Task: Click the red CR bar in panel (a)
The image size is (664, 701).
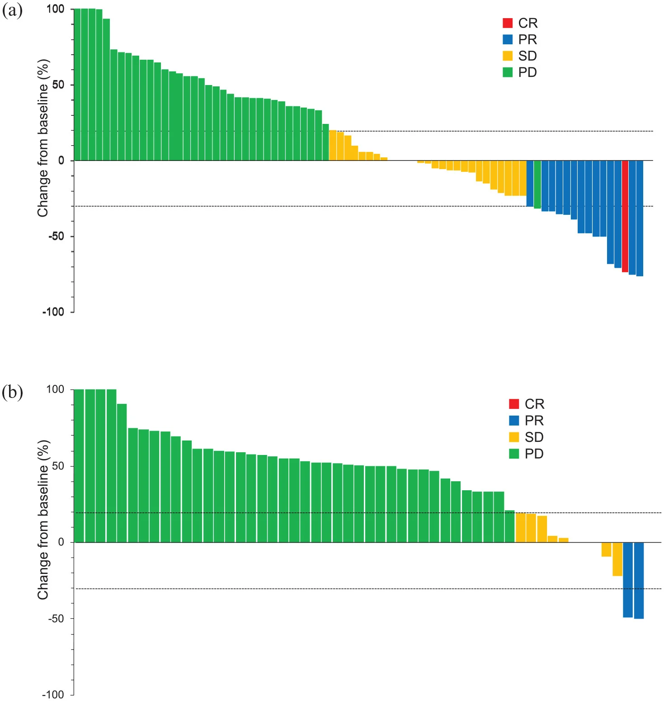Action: (x=625, y=216)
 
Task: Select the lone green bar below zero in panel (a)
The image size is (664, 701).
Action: (x=537, y=184)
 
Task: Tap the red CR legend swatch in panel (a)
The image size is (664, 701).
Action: (x=507, y=23)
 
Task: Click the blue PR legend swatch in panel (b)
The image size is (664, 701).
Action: (x=514, y=421)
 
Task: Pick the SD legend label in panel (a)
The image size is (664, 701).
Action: (x=527, y=56)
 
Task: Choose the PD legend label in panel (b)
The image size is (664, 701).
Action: (x=534, y=454)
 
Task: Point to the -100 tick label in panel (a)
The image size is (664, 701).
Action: (x=53, y=312)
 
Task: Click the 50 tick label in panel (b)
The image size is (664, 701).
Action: (x=58, y=466)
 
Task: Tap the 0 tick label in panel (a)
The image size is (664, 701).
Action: (x=61, y=161)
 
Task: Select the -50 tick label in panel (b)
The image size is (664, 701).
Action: (x=56, y=618)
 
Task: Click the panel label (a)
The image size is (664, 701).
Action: (x=12, y=10)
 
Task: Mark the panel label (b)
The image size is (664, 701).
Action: (x=12, y=392)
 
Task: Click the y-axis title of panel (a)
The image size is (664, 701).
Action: (x=43, y=138)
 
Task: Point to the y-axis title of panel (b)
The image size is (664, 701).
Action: (x=43, y=520)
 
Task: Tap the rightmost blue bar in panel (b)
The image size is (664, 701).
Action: (x=638, y=580)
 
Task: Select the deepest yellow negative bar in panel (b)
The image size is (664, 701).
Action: (x=617, y=559)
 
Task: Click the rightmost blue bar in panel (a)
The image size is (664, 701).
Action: (x=639, y=218)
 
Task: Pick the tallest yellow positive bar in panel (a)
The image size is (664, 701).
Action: (x=333, y=145)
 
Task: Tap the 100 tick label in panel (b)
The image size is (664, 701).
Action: (x=55, y=389)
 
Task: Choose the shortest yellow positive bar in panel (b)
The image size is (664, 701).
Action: (x=563, y=540)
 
